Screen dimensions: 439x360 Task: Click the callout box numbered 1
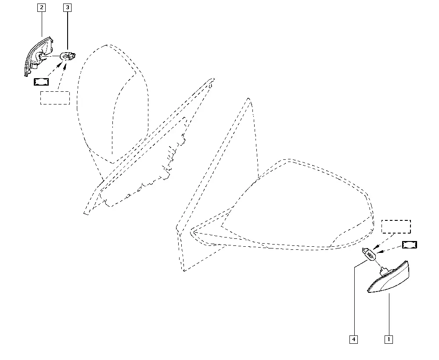[389, 339]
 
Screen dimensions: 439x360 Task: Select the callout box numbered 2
[41, 7]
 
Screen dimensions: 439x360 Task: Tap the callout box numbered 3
[67, 7]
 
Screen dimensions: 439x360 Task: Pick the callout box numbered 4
[353, 339]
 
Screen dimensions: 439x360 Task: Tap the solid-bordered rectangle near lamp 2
[41, 82]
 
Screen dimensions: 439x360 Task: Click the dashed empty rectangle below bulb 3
[55, 98]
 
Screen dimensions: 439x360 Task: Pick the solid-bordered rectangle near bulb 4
[409, 245]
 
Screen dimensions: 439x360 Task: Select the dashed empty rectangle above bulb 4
[396, 227]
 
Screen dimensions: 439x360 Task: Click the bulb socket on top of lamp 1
[383, 271]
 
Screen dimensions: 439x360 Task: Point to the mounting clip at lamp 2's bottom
[35, 66]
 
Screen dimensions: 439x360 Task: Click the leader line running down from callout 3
[67, 31]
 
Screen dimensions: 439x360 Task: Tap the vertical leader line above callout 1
[389, 314]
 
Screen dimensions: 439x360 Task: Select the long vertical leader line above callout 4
[354, 302]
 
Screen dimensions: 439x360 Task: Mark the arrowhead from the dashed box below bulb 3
[66, 66]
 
